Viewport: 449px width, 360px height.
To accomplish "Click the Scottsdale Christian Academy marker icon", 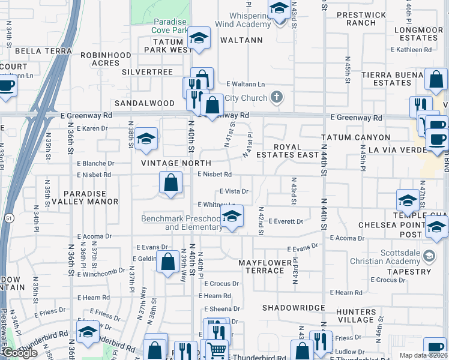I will click(429, 256).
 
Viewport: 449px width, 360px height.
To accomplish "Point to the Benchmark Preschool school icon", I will click(232, 217).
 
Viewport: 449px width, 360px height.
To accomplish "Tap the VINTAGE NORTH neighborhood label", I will click(176, 163).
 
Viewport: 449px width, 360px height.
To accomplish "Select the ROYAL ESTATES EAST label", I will click(295, 151).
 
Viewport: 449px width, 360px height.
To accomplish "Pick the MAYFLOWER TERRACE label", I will click(262, 267).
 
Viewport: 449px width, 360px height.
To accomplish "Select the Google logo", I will click(20, 352).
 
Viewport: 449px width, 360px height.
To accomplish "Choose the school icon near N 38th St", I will click(145, 139).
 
